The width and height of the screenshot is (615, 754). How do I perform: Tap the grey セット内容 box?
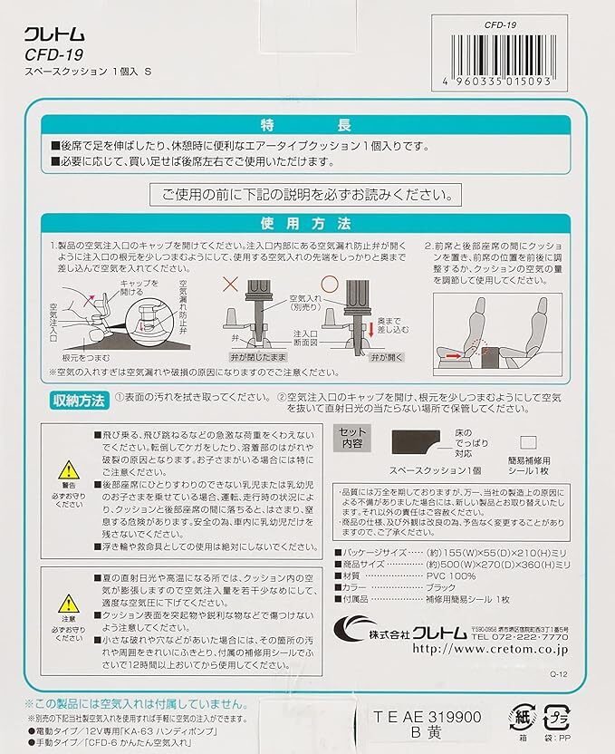click(x=355, y=439)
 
